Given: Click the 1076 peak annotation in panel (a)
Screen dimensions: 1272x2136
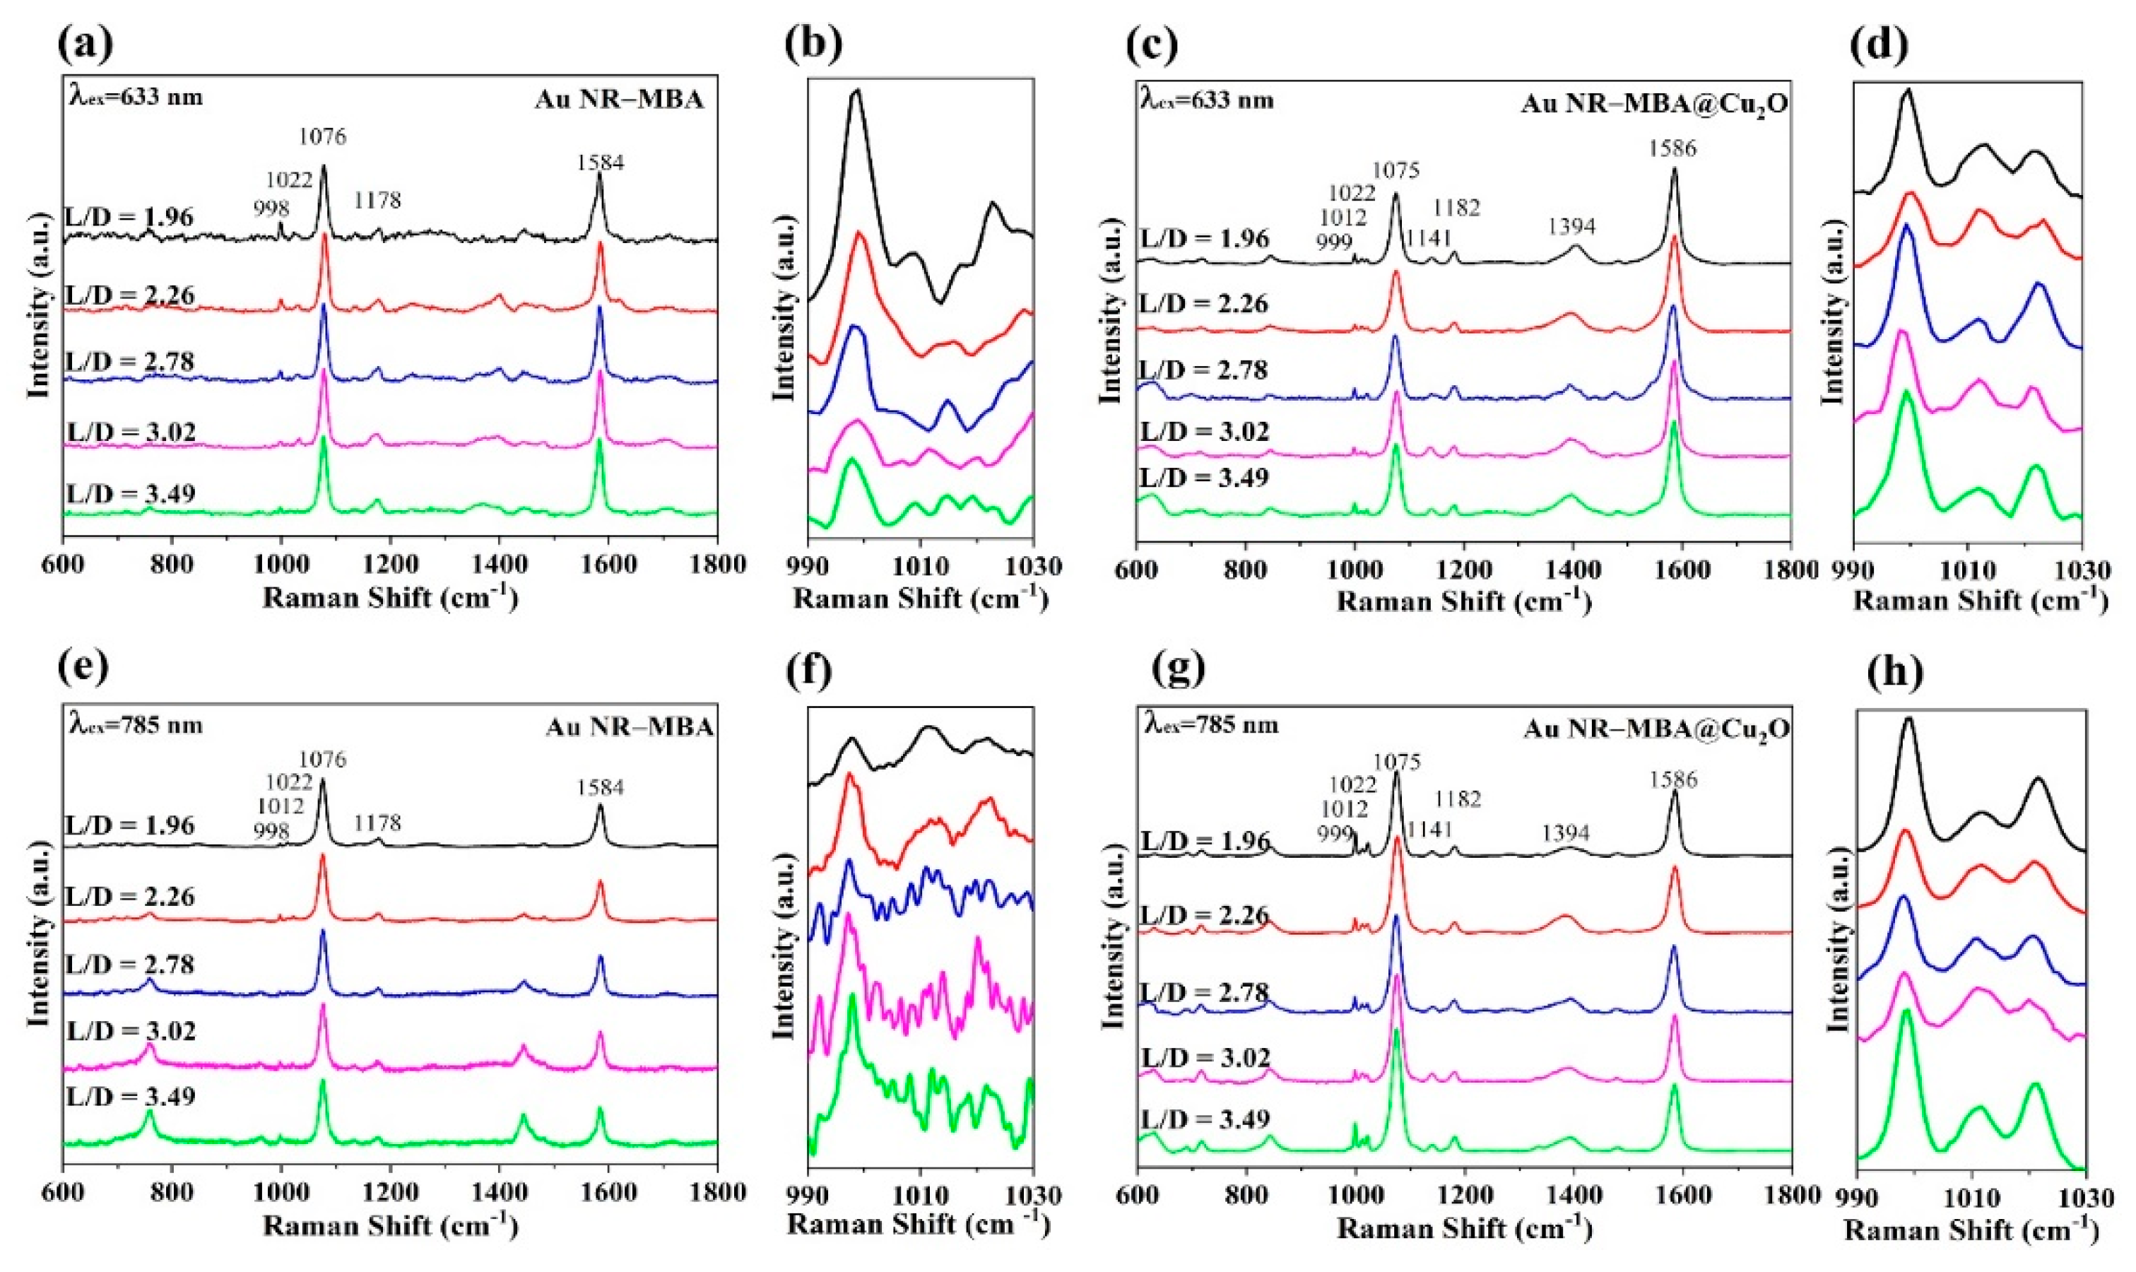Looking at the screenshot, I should click(323, 136).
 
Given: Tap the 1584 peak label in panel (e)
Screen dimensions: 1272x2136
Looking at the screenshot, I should click(600, 787).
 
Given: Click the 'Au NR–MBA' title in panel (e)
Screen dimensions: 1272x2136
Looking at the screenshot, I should click(629, 728).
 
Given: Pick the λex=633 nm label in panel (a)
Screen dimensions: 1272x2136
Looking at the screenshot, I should click(136, 97).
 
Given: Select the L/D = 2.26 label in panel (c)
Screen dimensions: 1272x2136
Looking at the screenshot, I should click(1204, 303).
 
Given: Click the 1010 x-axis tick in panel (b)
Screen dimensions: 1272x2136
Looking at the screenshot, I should click(920, 566).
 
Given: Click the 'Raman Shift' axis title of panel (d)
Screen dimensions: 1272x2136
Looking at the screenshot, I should click(1980, 600).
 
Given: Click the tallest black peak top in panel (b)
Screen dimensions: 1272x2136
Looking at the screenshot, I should click(856, 91).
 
